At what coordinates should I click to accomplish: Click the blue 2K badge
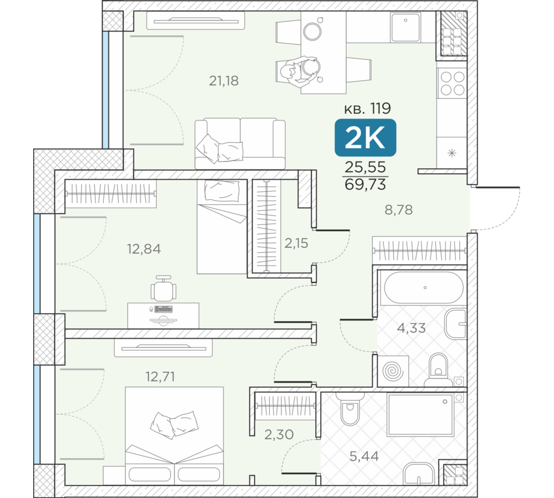click(365, 138)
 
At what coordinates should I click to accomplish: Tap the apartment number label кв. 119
click(367, 108)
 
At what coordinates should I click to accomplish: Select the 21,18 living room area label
click(224, 81)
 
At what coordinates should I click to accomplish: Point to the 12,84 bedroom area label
click(144, 249)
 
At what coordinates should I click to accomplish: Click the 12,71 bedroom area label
click(160, 377)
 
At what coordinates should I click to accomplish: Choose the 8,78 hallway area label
click(398, 210)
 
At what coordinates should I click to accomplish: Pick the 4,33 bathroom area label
click(411, 328)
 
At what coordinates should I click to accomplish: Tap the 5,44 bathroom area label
click(364, 456)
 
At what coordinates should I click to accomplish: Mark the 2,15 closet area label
click(296, 243)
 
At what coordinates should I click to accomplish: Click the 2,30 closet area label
click(279, 434)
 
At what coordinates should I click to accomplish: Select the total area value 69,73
click(365, 185)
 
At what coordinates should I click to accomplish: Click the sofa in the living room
click(240, 143)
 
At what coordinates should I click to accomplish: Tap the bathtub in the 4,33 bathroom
click(424, 288)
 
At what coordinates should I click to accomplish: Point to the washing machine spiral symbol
click(393, 371)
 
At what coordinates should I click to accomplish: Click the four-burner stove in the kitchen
click(452, 84)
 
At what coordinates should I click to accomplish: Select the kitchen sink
click(406, 28)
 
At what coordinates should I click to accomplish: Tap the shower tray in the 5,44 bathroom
click(420, 414)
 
